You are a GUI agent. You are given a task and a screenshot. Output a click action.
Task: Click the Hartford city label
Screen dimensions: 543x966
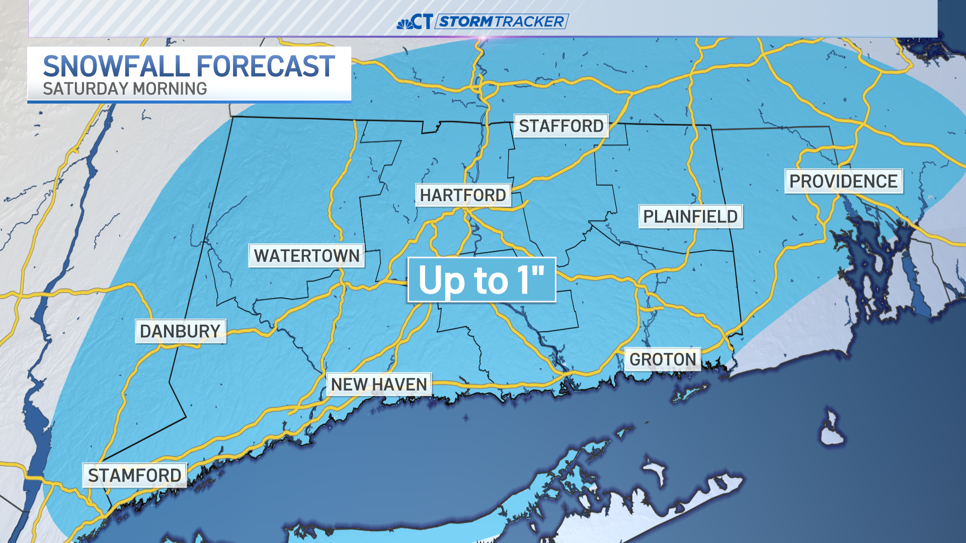463,195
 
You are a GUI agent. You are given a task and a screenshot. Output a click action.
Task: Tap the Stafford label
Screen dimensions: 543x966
561,126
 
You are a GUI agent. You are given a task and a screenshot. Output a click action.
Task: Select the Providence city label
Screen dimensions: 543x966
843,181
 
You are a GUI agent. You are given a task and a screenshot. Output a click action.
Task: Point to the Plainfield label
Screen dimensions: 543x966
690,217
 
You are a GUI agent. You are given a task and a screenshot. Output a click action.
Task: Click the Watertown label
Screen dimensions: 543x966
306,256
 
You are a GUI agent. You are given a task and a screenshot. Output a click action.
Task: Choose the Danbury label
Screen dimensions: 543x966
180,331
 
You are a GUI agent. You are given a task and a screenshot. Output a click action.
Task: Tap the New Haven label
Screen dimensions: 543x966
379,385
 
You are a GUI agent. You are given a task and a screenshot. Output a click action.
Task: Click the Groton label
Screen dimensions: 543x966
663,359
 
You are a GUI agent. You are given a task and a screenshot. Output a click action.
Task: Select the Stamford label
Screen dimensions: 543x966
134,476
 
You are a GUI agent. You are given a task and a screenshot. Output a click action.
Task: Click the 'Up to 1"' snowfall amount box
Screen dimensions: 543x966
481,280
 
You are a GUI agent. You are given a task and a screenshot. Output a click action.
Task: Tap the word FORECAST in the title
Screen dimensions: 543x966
266,66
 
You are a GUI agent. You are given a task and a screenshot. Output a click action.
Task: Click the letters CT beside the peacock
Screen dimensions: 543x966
422,22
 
